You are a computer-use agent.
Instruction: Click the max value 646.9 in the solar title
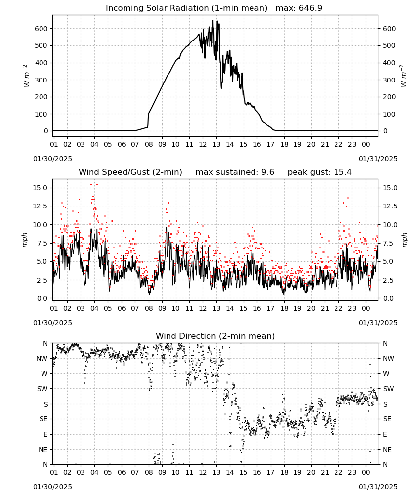310,8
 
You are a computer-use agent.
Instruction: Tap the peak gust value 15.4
341,172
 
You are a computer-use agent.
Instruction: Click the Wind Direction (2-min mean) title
215,336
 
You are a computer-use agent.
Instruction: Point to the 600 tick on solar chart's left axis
41,29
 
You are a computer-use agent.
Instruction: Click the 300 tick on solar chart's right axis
389,80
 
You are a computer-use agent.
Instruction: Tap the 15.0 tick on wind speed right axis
390,188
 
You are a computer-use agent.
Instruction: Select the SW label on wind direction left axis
42,389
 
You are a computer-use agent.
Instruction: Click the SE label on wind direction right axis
387,419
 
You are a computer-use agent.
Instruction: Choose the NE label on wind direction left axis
43,450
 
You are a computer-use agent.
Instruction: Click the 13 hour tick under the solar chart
216,144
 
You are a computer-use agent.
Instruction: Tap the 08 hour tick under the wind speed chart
149,308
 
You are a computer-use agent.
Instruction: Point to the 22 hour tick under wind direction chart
338,473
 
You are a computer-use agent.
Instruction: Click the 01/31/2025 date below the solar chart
378,159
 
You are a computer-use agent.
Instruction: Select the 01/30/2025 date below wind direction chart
52,487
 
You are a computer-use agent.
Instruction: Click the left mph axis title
25,240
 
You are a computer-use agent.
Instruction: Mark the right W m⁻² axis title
403,76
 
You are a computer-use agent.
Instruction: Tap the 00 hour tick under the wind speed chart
366,308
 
